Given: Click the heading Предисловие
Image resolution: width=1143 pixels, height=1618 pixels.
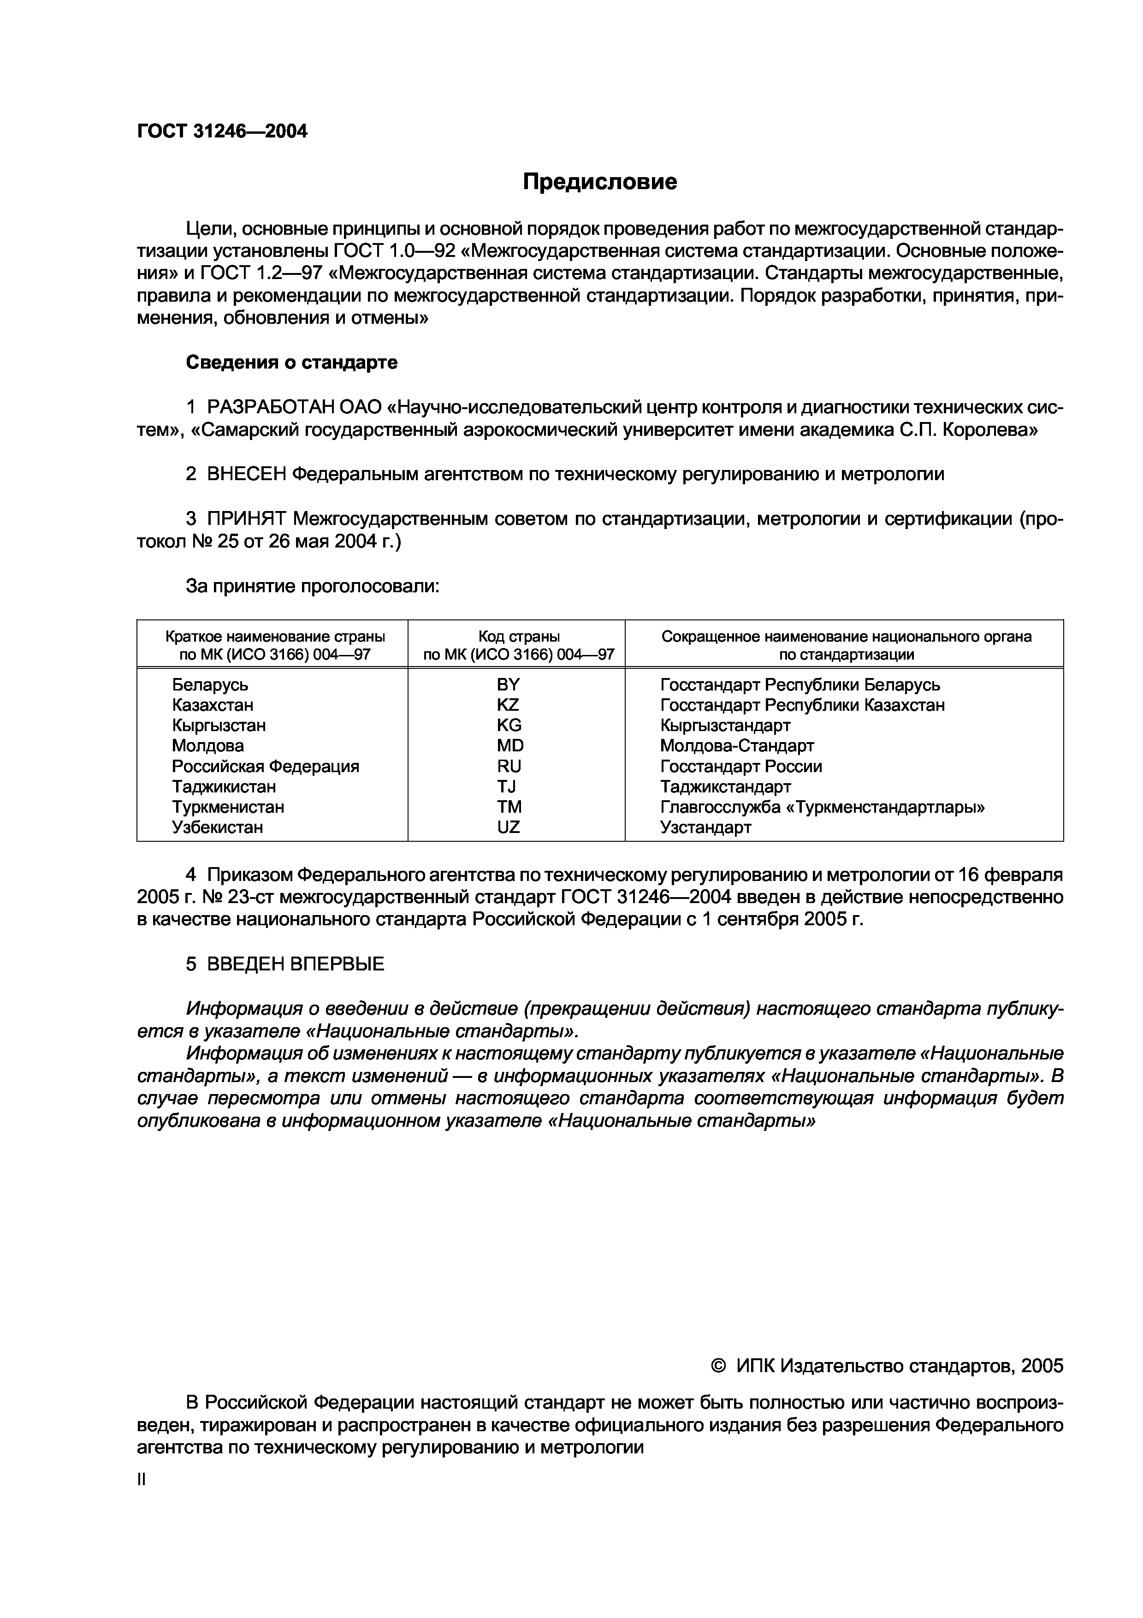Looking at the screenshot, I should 599,182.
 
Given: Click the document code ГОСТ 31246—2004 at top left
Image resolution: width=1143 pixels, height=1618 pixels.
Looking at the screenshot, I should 222,131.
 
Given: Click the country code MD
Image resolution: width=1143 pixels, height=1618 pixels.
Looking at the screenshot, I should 510,745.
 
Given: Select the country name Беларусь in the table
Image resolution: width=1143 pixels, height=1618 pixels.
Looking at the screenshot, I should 210,684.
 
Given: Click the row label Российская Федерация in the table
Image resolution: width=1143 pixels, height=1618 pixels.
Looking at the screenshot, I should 266,766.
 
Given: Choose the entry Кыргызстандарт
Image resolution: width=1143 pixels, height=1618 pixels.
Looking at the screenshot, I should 725,725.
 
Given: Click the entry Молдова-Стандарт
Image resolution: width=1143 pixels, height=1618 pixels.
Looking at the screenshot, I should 737,745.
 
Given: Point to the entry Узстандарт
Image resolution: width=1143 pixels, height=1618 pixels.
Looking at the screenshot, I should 705,827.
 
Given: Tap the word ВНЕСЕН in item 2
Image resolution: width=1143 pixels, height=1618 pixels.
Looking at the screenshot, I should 247,474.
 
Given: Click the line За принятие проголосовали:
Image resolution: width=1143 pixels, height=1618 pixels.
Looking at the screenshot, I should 312,586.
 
